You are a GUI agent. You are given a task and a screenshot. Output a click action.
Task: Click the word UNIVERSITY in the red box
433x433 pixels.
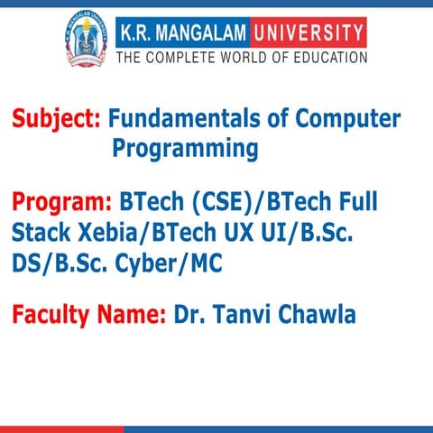[x=305, y=34]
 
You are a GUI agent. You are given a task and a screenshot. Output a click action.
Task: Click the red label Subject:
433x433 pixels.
[x=56, y=119]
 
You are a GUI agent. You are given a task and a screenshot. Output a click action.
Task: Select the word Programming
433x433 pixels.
[x=185, y=149]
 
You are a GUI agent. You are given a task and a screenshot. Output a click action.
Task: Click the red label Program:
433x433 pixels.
[x=61, y=202]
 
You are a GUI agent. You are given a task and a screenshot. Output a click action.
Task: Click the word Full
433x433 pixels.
[x=356, y=202]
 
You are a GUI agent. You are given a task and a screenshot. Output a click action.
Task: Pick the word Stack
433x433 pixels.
[x=39, y=233]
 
